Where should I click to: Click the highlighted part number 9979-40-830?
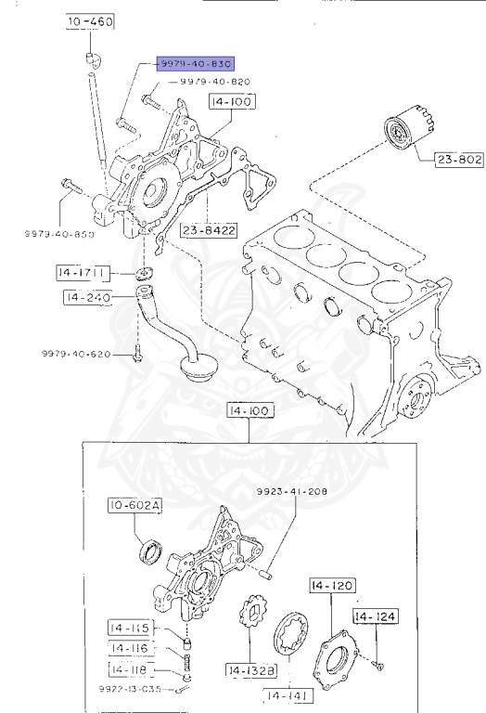point(194,64)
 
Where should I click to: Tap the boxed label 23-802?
point(459,160)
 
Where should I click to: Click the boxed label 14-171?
point(83,273)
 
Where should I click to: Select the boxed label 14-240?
point(87,297)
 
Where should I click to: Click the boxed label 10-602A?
point(134,506)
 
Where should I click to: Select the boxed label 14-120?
point(331,586)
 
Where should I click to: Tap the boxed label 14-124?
point(375,616)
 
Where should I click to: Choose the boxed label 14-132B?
point(250,668)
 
